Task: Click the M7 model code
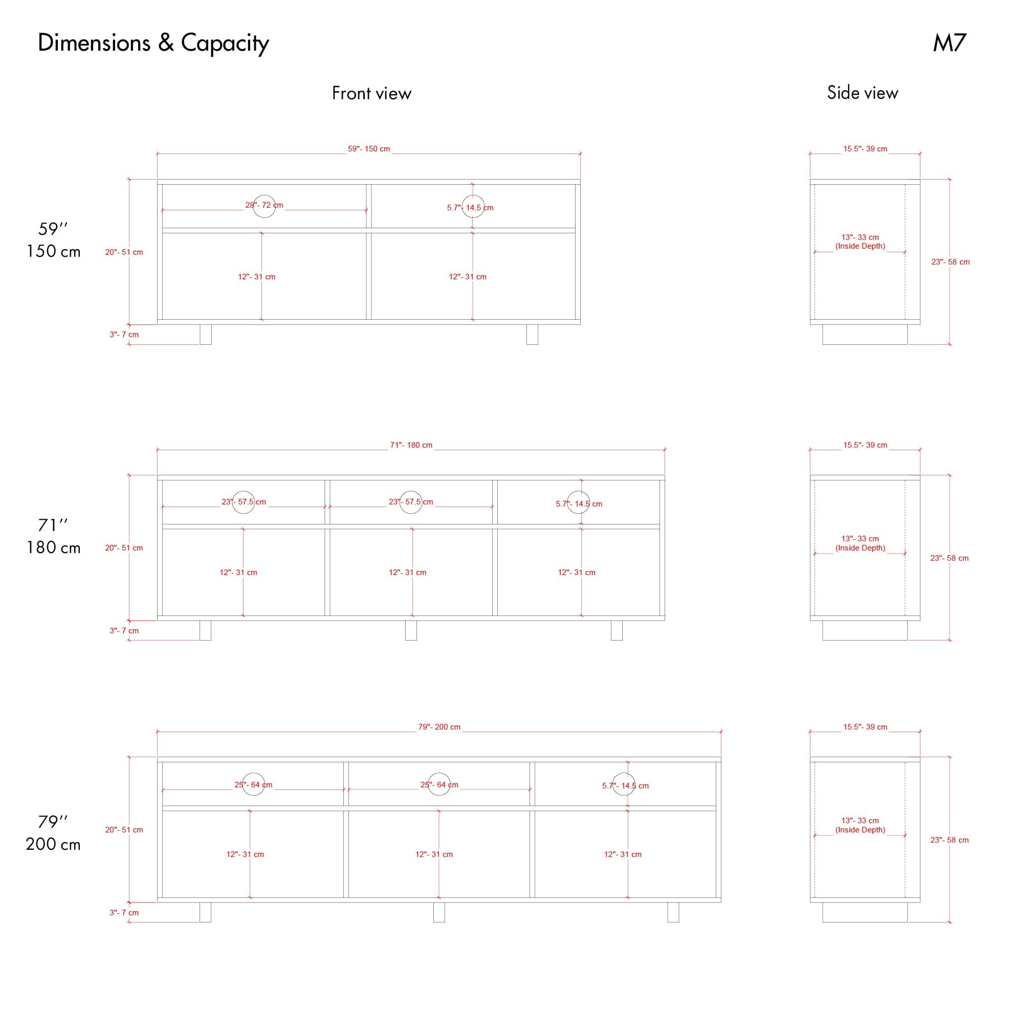click(x=949, y=43)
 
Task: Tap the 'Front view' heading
click(x=371, y=93)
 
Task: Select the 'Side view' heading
click(x=862, y=93)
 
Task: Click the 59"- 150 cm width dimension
click(x=369, y=149)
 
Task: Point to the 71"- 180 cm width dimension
click(x=411, y=445)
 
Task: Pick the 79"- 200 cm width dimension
click(x=439, y=727)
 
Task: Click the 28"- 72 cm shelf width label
click(x=264, y=205)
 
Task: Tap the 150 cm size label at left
click(x=53, y=251)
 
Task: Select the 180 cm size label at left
click(x=53, y=548)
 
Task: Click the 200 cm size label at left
click(x=53, y=844)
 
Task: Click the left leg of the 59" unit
click(x=206, y=334)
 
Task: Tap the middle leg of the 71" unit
click(x=411, y=630)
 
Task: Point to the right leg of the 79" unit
click(x=673, y=912)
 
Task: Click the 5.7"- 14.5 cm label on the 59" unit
click(x=470, y=207)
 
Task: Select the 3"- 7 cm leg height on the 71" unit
click(x=124, y=631)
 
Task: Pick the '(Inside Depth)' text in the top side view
click(x=860, y=246)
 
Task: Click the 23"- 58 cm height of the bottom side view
click(x=949, y=840)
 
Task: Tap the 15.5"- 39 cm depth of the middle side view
click(x=865, y=445)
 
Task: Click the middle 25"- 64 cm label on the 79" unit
click(x=439, y=785)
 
